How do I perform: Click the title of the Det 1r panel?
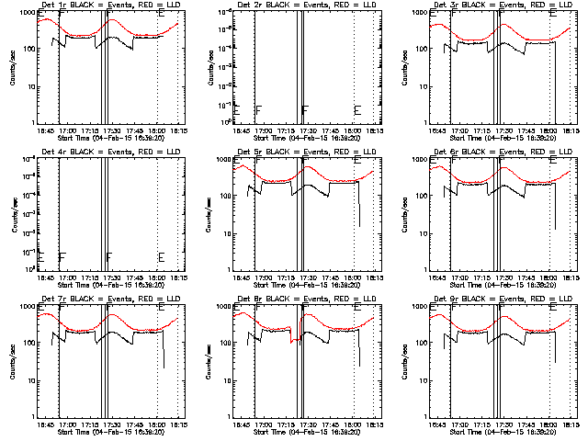(x=108, y=6)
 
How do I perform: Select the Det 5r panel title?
(x=306, y=153)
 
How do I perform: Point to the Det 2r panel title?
(x=306, y=6)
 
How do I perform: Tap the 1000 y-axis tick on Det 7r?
(x=25, y=307)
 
